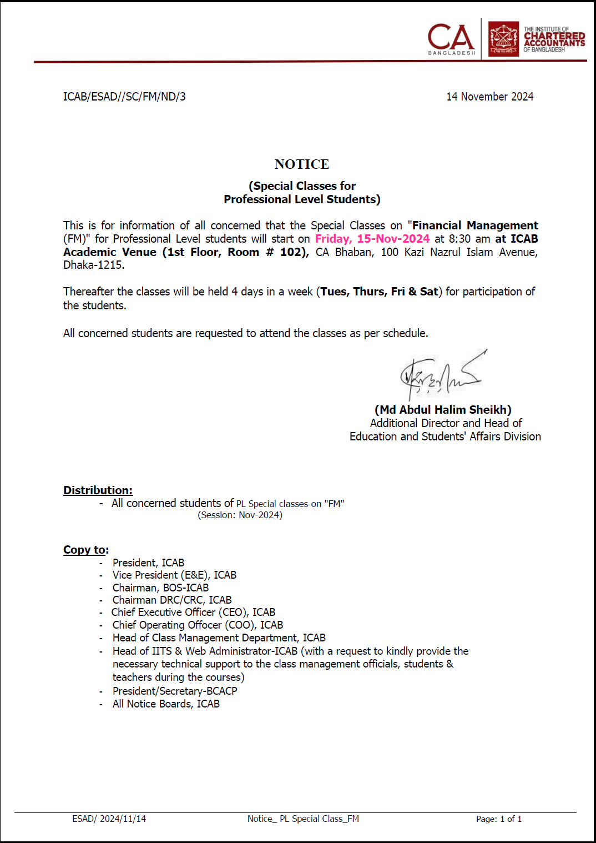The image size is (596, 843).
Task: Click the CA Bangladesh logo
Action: [x=451, y=39]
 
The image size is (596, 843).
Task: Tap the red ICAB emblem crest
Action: [x=503, y=39]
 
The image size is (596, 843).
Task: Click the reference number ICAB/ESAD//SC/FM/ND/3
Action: [x=124, y=97]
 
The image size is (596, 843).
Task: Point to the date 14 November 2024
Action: [x=489, y=97]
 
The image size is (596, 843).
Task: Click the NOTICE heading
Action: [x=302, y=164]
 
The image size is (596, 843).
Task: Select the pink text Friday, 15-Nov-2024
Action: [x=372, y=239]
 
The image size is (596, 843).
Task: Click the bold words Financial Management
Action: [x=474, y=225]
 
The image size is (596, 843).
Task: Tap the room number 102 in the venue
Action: [x=291, y=252]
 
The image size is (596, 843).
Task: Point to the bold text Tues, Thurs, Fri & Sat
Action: [x=379, y=292]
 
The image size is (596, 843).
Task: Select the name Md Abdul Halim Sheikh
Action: [x=443, y=410]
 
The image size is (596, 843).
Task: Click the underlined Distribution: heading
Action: [x=98, y=490]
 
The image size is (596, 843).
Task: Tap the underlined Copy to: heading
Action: [x=86, y=550]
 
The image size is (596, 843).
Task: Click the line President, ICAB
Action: [x=148, y=563]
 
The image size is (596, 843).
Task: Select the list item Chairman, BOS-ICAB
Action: [x=160, y=588]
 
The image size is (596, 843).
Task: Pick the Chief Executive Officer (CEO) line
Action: [x=193, y=612]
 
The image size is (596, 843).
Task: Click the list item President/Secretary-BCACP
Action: [x=175, y=691]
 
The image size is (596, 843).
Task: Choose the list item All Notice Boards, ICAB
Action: [x=166, y=704]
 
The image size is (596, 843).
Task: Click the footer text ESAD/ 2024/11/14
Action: [x=109, y=819]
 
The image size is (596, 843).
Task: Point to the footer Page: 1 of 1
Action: [x=498, y=819]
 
